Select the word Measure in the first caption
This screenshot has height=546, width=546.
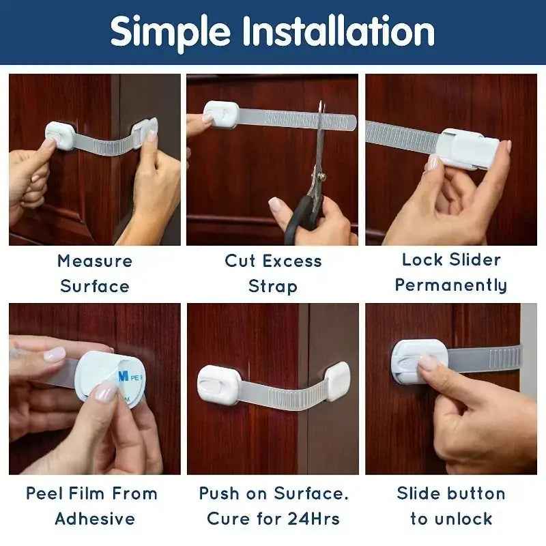[95, 261]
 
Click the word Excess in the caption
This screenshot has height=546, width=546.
[293, 261]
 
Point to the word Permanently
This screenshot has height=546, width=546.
[451, 285]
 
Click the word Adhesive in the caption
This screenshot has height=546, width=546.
[95, 519]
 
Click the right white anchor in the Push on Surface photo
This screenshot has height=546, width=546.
[338, 380]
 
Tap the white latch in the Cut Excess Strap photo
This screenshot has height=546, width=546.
[222, 114]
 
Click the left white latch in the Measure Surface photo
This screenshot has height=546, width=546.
[61, 134]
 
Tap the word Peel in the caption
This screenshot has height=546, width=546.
[43, 493]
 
